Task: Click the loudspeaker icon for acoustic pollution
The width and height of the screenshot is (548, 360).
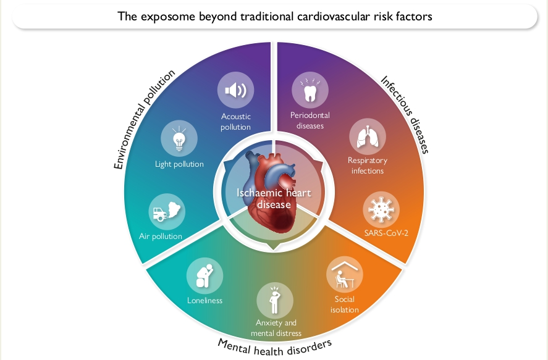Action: pyautogui.click(x=235, y=90)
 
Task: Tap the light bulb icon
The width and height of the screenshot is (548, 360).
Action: pyautogui.click(x=179, y=138)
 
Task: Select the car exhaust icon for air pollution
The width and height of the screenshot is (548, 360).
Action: pyautogui.click(x=167, y=212)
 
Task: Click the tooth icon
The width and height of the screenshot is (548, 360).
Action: pyautogui.click(x=310, y=90)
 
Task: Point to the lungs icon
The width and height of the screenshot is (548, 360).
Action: pyautogui.click(x=368, y=137)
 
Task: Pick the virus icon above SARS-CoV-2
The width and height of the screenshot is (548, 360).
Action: pyautogui.click(x=381, y=209)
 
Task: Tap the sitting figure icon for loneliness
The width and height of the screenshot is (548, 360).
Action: pyautogui.click(x=204, y=276)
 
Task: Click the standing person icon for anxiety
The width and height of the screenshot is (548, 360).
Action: pyautogui.click(x=275, y=300)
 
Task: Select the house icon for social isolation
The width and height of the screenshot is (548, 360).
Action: pyautogui.click(x=345, y=274)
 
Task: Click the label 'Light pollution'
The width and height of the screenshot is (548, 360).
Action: pyautogui.click(x=179, y=164)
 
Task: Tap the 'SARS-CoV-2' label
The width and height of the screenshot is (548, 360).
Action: pyautogui.click(x=386, y=233)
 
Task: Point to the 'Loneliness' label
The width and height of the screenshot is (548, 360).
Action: pyautogui.click(x=204, y=300)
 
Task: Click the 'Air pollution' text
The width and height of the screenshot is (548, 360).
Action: pyautogui.click(x=161, y=237)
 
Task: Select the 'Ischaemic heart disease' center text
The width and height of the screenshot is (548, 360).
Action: pyautogui.click(x=274, y=198)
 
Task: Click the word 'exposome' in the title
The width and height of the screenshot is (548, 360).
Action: pyautogui.click(x=168, y=17)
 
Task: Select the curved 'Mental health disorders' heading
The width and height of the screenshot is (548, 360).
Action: pyautogui.click(x=274, y=348)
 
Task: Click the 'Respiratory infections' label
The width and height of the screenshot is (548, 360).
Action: pyautogui.click(x=368, y=165)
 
